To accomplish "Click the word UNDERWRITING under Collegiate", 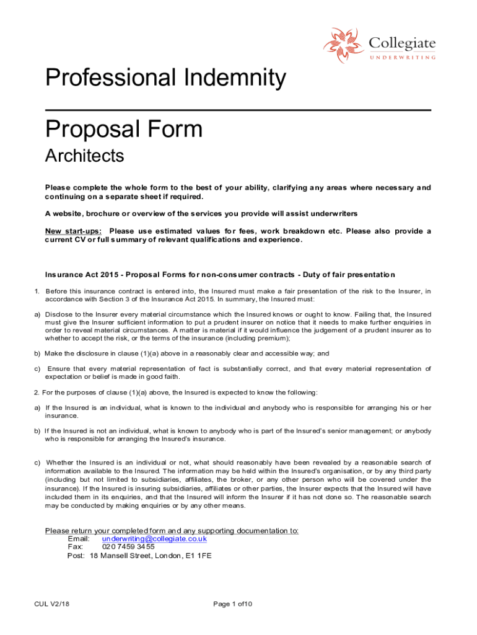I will point(403,57).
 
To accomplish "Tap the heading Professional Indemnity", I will point(165,79).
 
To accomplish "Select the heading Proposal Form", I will point(124,129).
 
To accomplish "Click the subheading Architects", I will point(85,156).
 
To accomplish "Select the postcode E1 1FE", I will point(198,556).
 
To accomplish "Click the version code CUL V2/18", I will point(53,604).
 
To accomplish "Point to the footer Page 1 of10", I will point(232,604).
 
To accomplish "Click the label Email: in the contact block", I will point(79,539).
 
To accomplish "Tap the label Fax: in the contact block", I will point(75,548).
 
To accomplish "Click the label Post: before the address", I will point(76,556).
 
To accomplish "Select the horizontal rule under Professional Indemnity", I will point(238,110).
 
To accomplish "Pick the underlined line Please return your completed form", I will point(172,530).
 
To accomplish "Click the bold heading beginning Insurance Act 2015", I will point(220,274).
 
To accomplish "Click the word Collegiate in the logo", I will point(402,43).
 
